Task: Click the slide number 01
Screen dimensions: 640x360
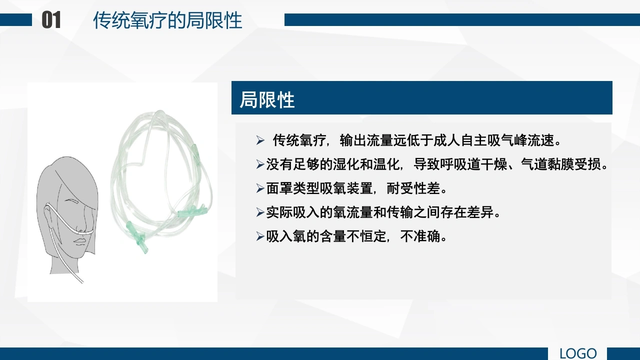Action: click(51, 20)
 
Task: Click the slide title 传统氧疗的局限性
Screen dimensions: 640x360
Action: click(167, 20)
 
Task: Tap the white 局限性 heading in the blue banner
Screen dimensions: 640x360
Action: click(267, 99)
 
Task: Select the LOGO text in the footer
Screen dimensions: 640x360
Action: click(578, 353)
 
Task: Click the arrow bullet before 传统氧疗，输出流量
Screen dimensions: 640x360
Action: click(260, 140)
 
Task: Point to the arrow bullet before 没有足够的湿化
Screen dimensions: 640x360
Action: click(260, 164)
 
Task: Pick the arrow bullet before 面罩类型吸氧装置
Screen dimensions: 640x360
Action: click(260, 188)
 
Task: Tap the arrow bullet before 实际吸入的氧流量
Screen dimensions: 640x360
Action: click(260, 212)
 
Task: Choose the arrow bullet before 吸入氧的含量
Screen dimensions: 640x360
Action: click(260, 236)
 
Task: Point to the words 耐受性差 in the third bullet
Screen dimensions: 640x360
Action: click(413, 188)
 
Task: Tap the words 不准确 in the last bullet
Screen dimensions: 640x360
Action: click(420, 236)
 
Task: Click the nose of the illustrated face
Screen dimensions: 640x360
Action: click(82, 225)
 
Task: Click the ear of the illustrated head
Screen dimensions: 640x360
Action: click(48, 213)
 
